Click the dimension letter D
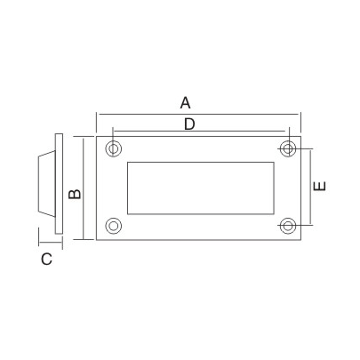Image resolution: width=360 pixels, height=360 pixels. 188,124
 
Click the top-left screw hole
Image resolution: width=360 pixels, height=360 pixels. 113,148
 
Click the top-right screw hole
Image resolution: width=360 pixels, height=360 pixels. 287,148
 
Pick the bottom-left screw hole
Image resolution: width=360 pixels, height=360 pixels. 113,225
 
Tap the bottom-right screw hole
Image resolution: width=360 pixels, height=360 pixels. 287,225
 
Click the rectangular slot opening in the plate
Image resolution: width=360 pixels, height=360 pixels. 200,187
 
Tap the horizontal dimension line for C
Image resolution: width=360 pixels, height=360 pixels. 49,243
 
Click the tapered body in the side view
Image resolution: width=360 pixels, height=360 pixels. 45,187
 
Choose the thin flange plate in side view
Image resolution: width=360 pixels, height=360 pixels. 58,187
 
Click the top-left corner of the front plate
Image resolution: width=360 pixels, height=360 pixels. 96,136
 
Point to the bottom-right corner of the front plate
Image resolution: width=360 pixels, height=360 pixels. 302,239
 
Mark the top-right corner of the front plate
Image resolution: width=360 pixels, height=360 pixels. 302,136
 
